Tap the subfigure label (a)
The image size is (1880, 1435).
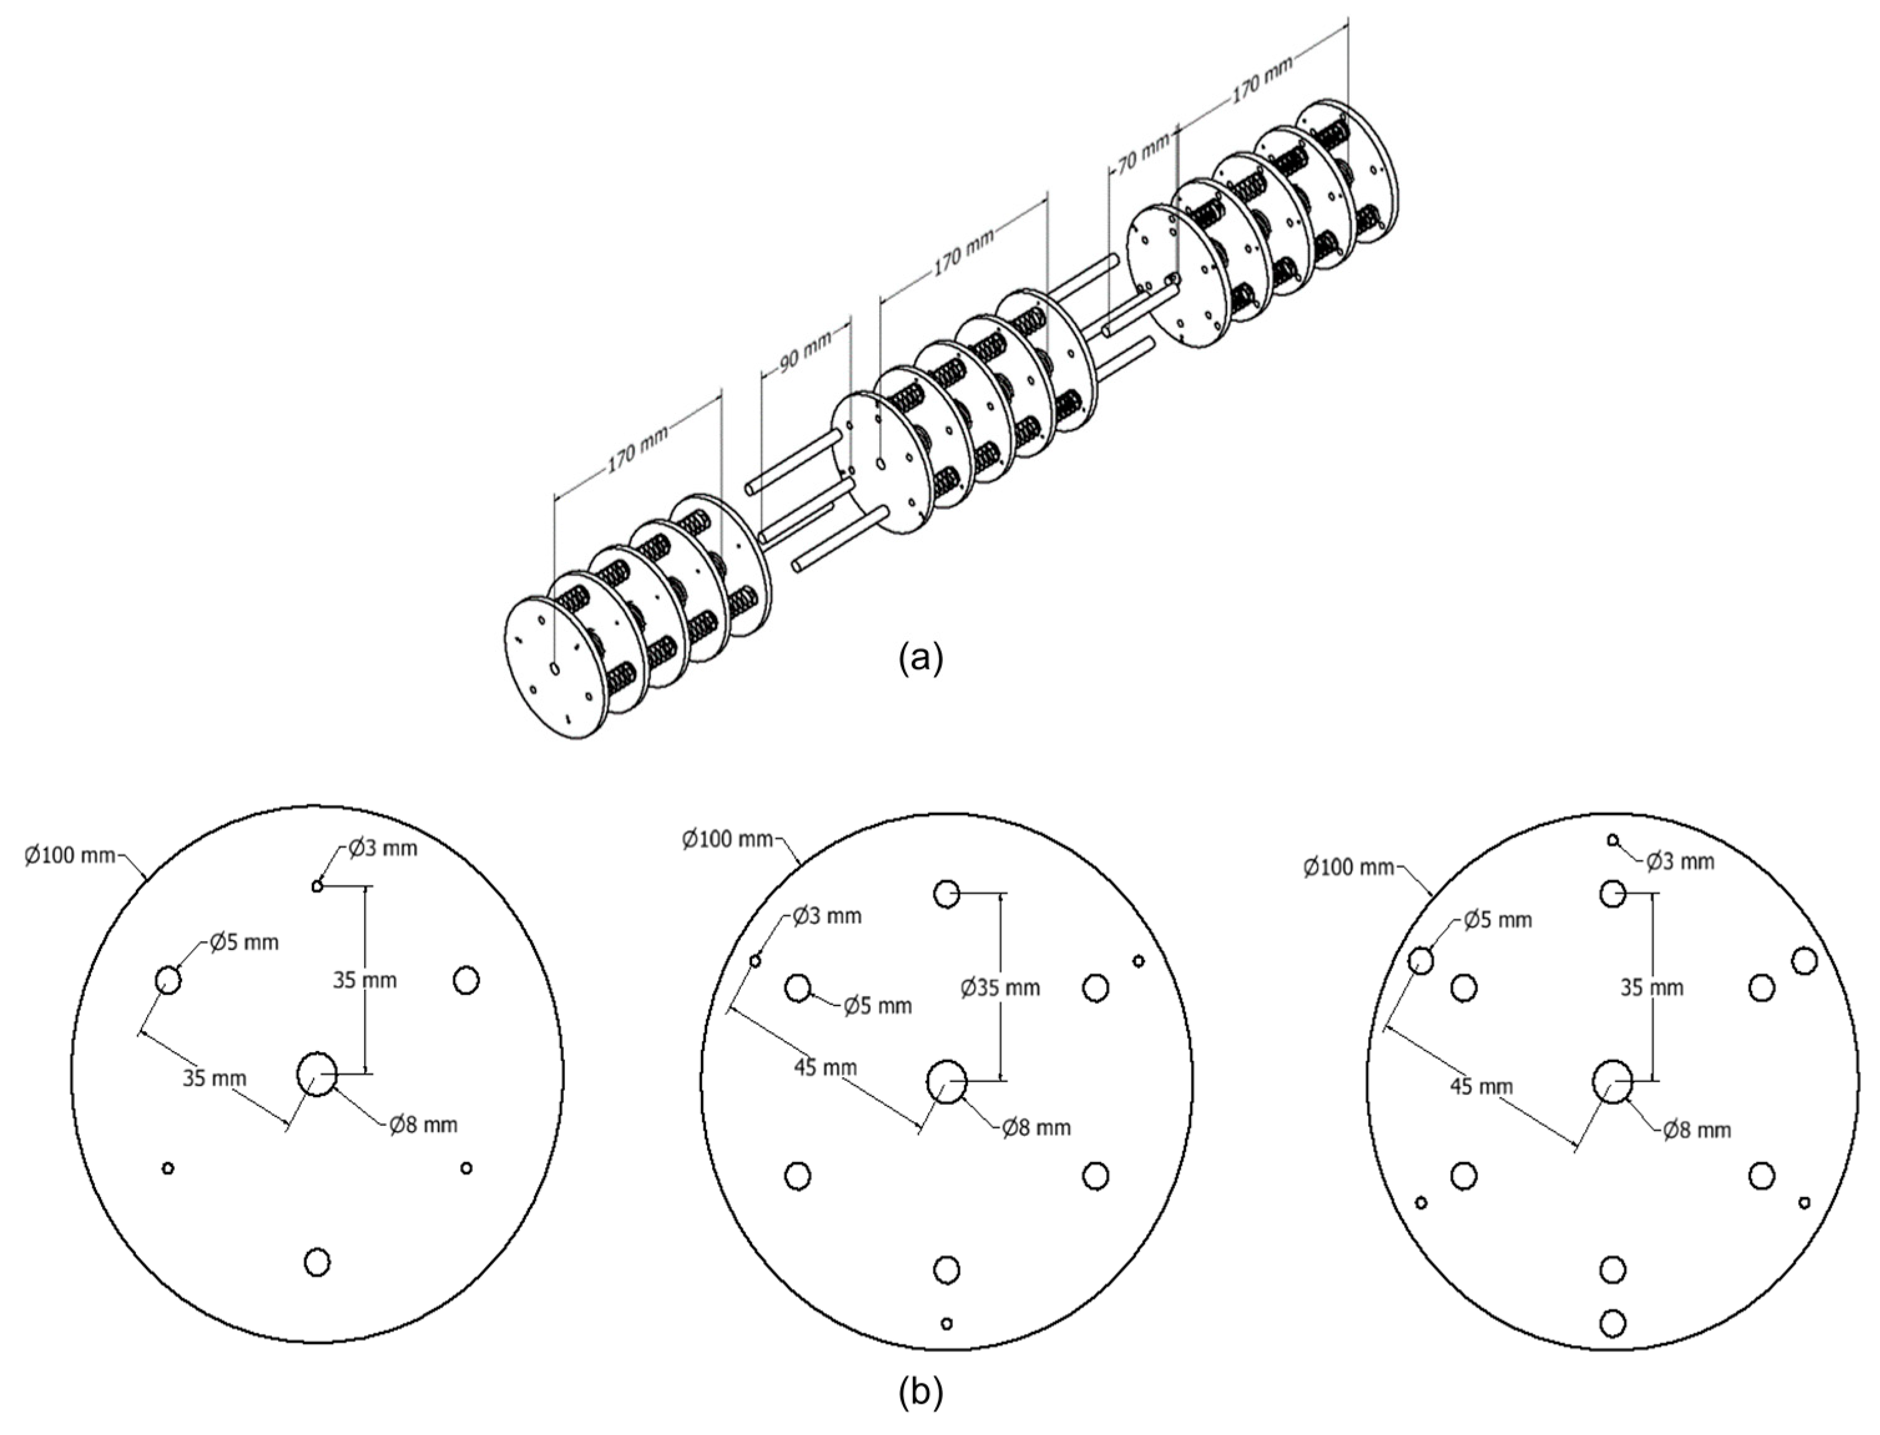921,660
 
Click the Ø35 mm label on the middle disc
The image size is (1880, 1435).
1000,988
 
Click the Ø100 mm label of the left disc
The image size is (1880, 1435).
69,855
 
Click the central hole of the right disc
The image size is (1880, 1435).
1612,1082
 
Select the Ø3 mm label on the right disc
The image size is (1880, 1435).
1679,862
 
